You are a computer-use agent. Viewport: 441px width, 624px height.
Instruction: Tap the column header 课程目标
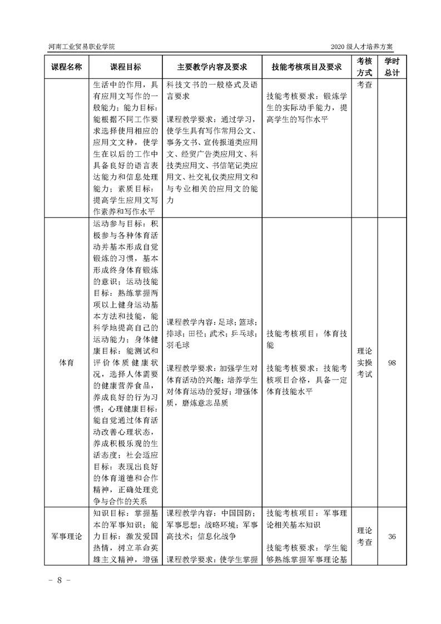tap(126, 67)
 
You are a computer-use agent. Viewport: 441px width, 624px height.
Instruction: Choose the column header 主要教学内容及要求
tap(211, 67)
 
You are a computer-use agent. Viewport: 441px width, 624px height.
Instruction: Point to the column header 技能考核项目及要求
tap(306, 67)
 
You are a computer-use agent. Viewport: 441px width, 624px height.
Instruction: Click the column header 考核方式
tap(364, 67)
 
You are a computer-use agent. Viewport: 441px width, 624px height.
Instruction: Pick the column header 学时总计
tap(392, 67)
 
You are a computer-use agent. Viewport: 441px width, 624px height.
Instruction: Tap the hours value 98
tap(392, 362)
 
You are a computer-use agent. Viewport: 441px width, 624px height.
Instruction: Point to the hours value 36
tap(392, 537)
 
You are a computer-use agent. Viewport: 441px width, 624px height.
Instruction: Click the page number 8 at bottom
tap(59, 580)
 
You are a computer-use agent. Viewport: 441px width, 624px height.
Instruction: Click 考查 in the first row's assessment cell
tap(364, 85)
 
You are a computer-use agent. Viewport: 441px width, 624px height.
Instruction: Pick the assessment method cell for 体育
tap(364, 362)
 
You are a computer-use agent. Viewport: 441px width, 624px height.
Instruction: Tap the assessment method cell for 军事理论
tap(364, 536)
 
